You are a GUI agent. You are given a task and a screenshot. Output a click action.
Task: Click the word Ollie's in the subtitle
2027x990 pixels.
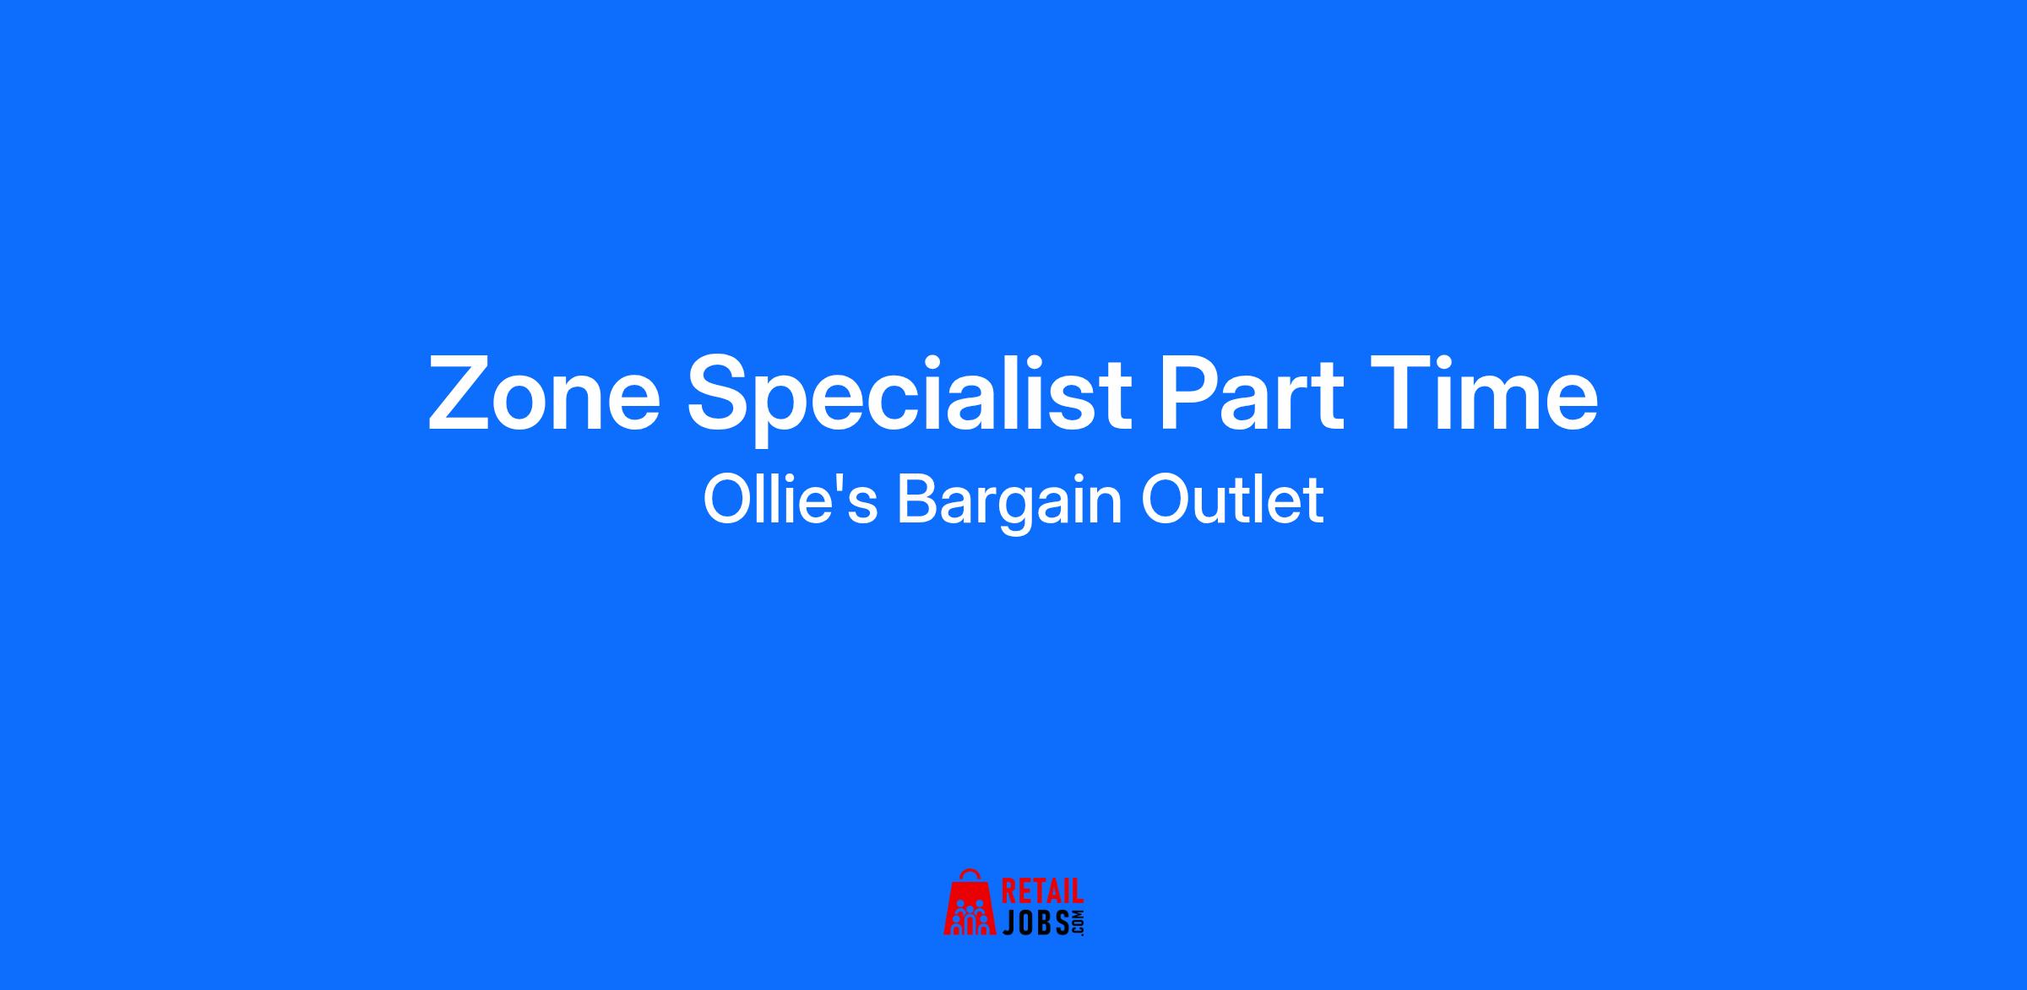pyautogui.click(x=791, y=500)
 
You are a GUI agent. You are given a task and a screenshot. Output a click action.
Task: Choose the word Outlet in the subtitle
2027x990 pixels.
pyautogui.click(x=1232, y=500)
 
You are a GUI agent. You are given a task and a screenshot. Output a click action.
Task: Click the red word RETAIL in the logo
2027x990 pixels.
pyautogui.click(x=1042, y=893)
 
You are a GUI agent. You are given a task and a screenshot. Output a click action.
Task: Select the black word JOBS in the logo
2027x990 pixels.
pyautogui.click(x=1035, y=922)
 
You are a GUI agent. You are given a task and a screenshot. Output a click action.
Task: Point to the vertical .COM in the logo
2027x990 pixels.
pyautogui.click(x=1078, y=922)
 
